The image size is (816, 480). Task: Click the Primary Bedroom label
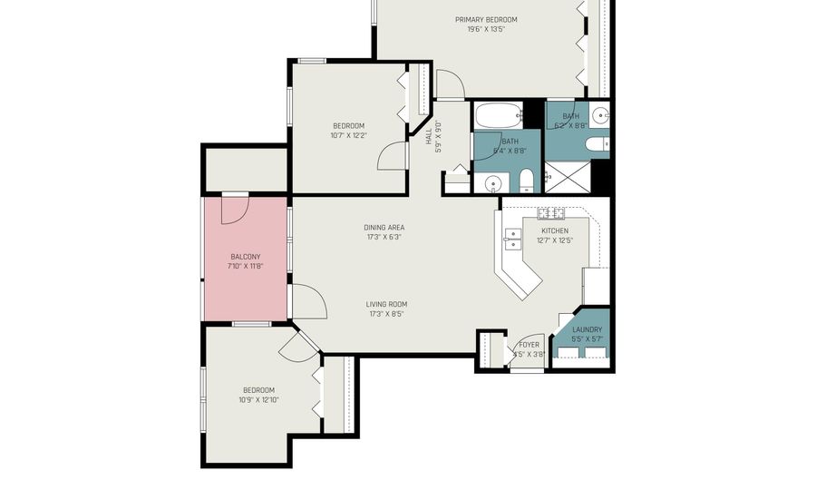pos(486,19)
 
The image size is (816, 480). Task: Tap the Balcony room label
pos(245,257)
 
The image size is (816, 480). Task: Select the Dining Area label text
pos(384,227)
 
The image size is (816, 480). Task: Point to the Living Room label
pos(386,304)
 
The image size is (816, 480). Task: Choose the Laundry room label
pos(587,329)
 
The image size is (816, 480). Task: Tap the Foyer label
pos(529,345)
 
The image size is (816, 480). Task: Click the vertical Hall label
pos(429,135)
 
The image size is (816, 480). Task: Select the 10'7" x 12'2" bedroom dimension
pos(348,135)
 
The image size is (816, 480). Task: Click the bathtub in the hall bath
pos(498,116)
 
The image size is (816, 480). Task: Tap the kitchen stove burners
pos(550,214)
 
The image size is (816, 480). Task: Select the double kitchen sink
pos(512,239)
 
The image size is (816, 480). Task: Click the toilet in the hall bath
pos(526,184)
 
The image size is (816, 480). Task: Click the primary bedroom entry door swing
pos(451,85)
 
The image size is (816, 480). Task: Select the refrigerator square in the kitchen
pos(596,285)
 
